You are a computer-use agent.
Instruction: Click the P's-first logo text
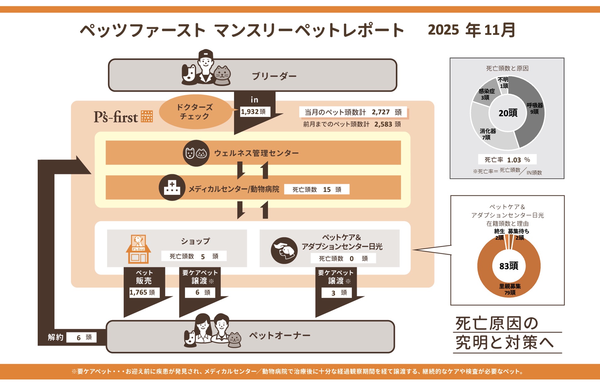116,117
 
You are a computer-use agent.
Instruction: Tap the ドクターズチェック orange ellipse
195,112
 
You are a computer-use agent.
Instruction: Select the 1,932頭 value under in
253,112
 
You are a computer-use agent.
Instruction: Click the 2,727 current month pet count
380,112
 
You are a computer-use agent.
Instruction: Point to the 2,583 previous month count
383,124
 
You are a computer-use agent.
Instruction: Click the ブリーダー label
274,76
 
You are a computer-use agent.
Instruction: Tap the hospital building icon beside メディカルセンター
172,188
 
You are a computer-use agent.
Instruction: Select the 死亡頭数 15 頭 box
317,189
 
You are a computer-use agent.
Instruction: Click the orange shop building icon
138,249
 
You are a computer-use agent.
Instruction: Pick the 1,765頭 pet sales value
142,292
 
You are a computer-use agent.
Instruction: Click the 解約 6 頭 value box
82,337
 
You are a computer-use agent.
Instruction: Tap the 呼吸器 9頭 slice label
535,108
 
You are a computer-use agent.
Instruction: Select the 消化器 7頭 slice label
488,134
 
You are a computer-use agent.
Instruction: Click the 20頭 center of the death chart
508,113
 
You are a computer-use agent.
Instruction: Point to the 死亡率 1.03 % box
507,160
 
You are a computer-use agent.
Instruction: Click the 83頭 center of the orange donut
509,266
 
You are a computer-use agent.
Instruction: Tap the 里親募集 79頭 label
510,289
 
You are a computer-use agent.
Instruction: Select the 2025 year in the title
443,30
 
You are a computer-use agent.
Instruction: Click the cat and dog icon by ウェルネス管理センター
196,153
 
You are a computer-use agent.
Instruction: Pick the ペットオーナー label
280,335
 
